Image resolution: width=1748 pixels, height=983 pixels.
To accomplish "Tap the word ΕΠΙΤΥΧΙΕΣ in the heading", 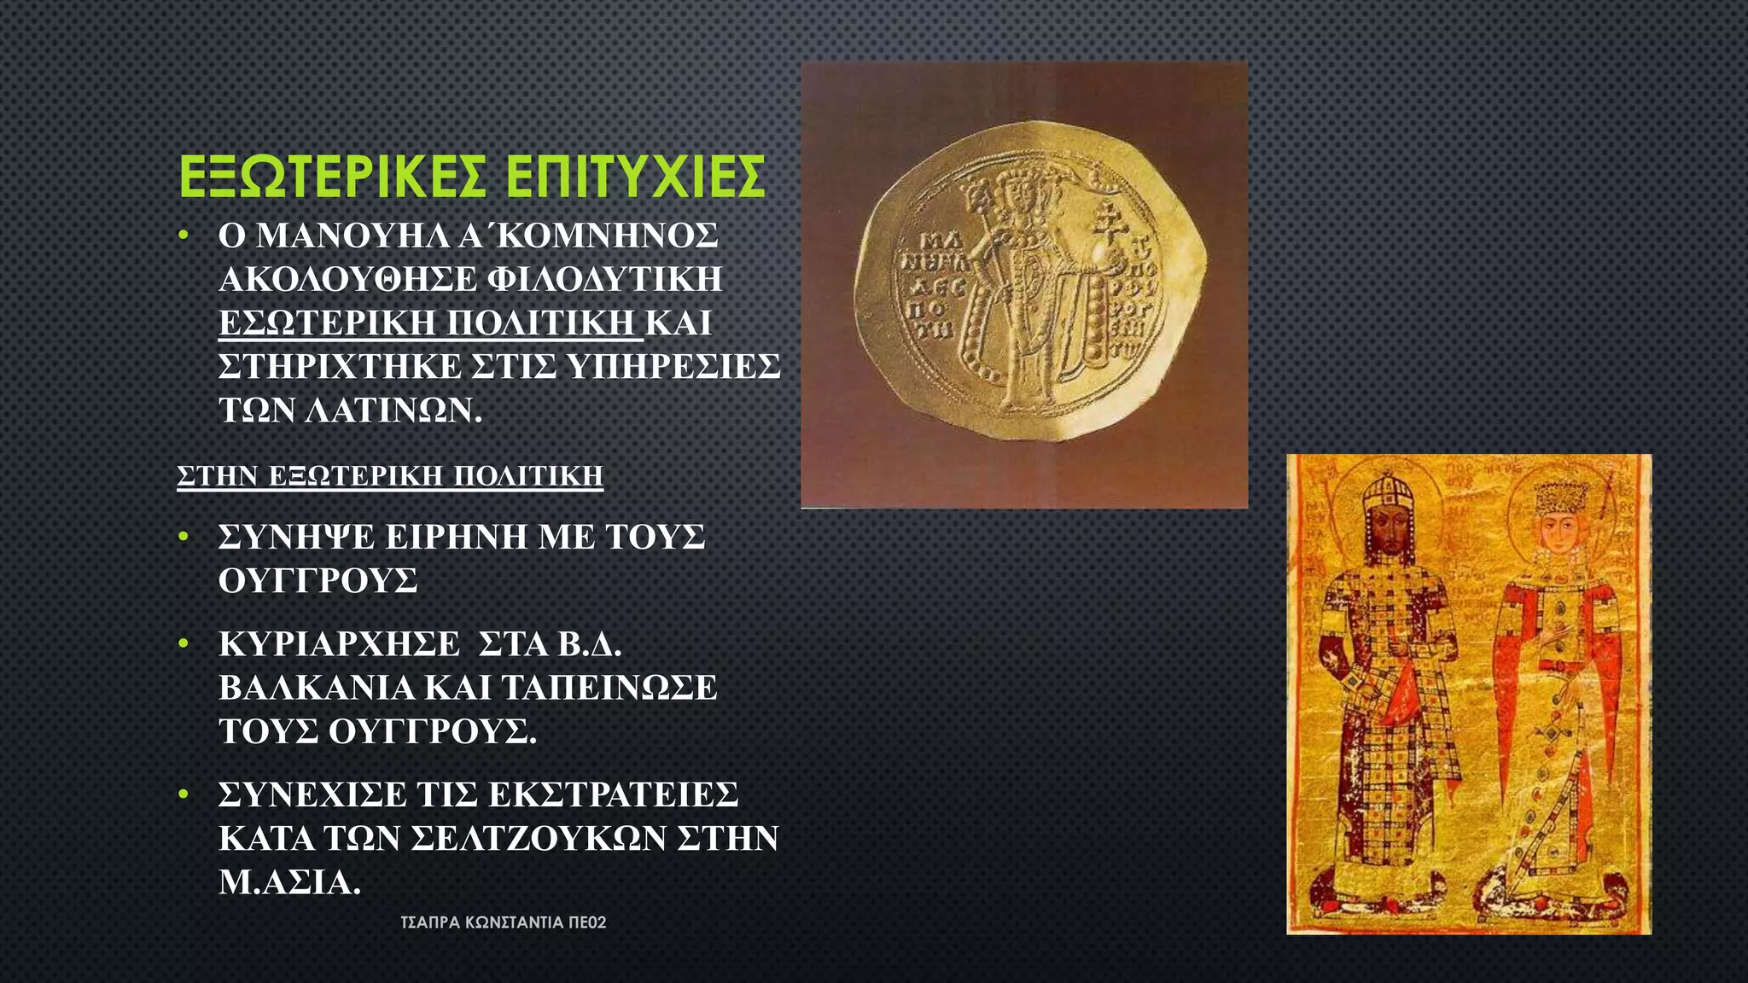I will click(x=635, y=177).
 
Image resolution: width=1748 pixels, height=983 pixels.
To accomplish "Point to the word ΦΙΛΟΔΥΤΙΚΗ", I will click(x=605, y=279).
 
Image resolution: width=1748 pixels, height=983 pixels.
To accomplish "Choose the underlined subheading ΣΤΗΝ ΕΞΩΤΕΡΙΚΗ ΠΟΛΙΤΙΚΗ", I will click(x=390, y=475).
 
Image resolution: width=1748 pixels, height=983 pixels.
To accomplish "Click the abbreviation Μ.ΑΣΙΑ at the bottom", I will click(x=289, y=882).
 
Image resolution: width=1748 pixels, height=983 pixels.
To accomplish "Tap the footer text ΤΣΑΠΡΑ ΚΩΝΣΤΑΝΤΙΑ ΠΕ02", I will click(x=504, y=922).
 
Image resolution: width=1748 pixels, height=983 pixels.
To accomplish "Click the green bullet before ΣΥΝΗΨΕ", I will click(x=183, y=537).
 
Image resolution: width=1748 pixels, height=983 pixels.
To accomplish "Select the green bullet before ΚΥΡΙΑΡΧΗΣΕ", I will click(x=183, y=644).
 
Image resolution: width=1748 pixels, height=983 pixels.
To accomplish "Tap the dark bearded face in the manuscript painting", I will click(x=1388, y=536).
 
